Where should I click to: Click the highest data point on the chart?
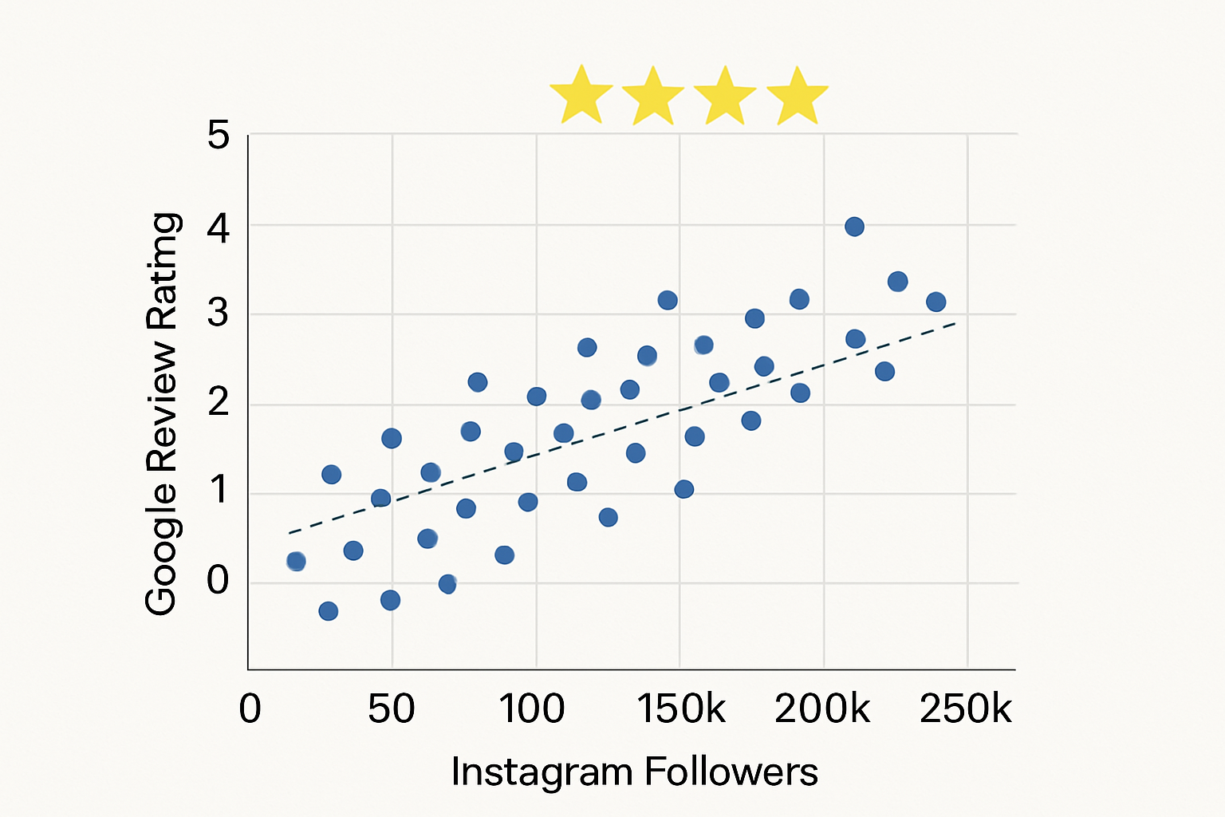(x=854, y=227)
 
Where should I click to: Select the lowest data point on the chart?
(x=328, y=611)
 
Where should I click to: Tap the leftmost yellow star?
(x=581, y=96)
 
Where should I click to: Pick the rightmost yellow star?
(x=797, y=97)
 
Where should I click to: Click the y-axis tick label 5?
(x=218, y=135)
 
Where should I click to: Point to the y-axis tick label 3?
(x=218, y=313)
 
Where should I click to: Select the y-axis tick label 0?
(x=218, y=580)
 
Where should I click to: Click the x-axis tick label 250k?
(x=966, y=708)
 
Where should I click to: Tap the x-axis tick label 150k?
(x=681, y=708)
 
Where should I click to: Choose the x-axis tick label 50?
(x=392, y=708)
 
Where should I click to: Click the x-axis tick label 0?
(x=250, y=708)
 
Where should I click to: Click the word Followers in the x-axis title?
(x=731, y=772)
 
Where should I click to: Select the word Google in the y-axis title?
(x=162, y=549)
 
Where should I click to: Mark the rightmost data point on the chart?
(x=936, y=302)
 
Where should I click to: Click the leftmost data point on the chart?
(x=296, y=561)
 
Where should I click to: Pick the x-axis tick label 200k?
(x=822, y=708)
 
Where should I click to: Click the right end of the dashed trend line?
(x=955, y=323)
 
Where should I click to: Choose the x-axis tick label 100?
(x=532, y=708)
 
